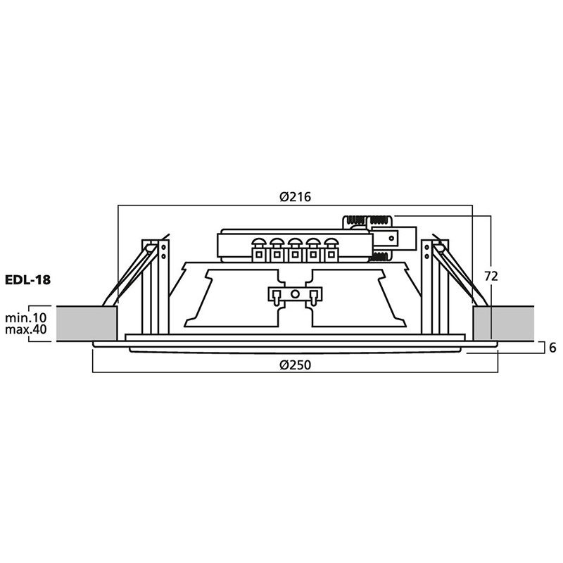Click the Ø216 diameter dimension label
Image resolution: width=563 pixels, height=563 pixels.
click(x=295, y=197)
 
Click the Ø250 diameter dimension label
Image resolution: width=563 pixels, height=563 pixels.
click(x=295, y=365)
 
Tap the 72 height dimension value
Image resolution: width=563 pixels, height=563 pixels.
click(x=491, y=276)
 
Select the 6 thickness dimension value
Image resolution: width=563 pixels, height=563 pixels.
click(x=552, y=348)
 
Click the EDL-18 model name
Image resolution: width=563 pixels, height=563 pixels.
click(x=27, y=279)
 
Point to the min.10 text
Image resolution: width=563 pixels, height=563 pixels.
click(x=26, y=317)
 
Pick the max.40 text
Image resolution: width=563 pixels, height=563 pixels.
click(x=26, y=329)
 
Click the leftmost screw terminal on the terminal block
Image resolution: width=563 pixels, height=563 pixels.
click(x=258, y=250)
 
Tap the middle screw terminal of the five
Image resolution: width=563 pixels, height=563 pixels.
click(x=295, y=250)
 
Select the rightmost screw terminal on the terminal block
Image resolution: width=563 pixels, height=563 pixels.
click(x=331, y=250)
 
